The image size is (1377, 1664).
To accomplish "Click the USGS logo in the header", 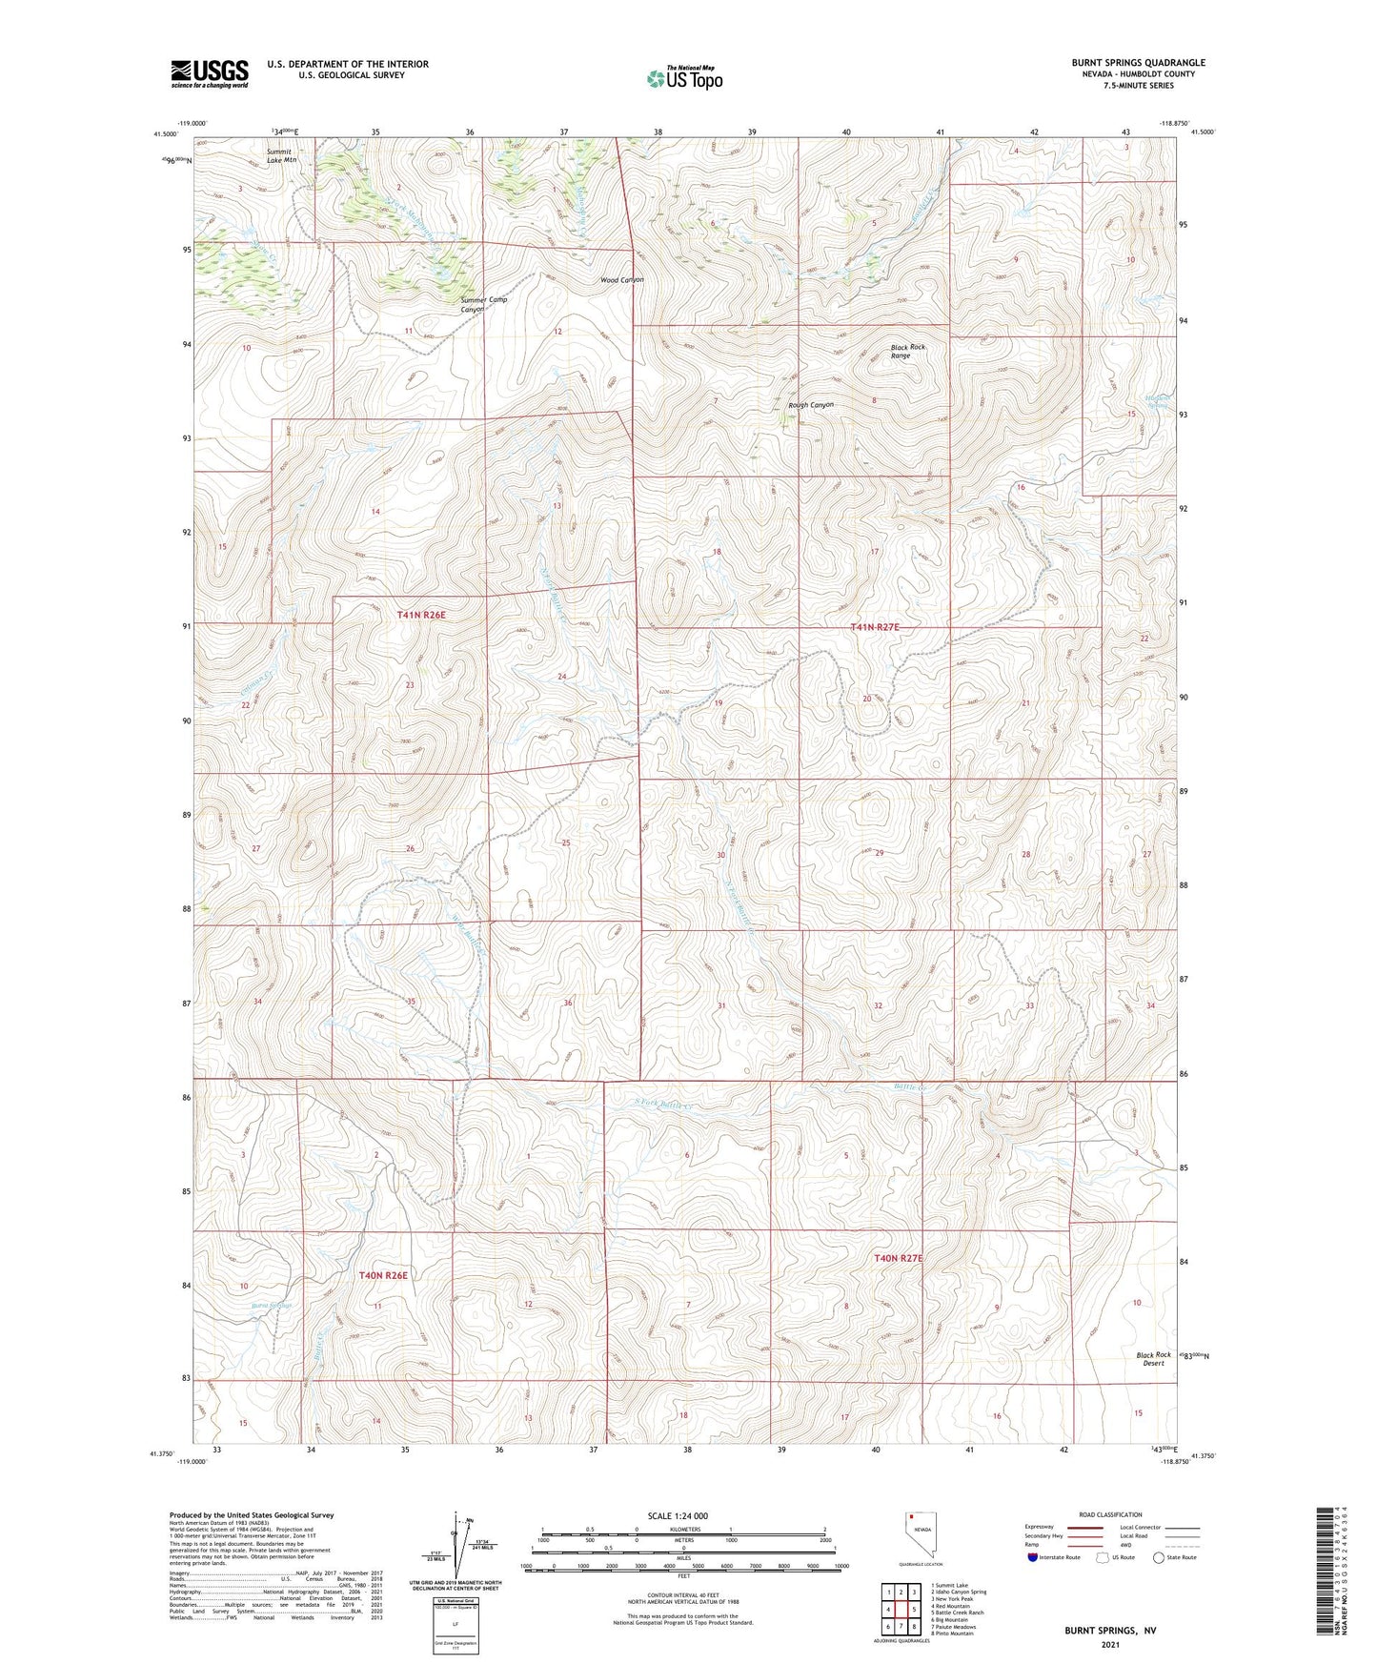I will point(210,73).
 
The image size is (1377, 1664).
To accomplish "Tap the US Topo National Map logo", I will point(683,78).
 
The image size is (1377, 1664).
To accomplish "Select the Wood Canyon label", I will point(622,280).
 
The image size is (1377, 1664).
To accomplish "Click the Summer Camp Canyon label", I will point(483,304).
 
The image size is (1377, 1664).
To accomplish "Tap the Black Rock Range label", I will point(907,351).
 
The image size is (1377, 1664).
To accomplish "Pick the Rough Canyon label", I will point(811,405).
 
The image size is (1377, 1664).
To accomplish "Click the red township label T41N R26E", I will point(421,616).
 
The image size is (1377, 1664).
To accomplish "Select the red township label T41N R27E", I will point(875,627).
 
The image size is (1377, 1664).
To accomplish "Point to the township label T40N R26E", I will point(383,1275).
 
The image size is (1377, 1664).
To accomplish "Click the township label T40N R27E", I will point(899,1259).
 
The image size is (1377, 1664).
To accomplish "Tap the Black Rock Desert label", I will point(1153,1359).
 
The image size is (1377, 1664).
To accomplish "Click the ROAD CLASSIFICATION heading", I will point(1110,1514).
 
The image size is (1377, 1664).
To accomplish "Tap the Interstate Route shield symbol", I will point(1034,1557).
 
